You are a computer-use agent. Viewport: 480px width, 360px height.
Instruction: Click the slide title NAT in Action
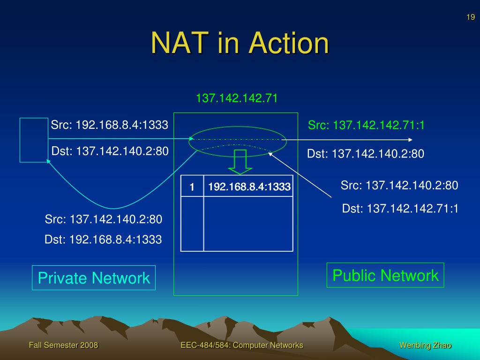click(240, 43)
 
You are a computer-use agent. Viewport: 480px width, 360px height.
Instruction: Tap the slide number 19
click(471, 17)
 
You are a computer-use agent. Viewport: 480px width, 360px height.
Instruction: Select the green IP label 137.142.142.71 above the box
click(237, 98)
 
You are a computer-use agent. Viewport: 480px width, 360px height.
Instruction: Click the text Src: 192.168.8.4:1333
click(110, 125)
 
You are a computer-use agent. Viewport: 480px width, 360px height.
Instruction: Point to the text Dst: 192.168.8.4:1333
click(103, 240)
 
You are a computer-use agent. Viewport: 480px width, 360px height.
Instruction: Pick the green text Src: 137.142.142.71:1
click(366, 125)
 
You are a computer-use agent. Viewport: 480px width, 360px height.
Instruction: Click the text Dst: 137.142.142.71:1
click(400, 209)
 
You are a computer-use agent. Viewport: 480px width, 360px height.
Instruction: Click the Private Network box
click(94, 277)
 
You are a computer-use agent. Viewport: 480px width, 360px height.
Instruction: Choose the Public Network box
click(385, 275)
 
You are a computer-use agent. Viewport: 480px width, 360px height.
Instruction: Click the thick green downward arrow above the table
click(240, 162)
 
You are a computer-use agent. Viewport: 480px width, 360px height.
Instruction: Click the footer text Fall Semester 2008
click(63, 345)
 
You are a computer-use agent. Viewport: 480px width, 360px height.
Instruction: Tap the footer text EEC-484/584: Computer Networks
click(242, 345)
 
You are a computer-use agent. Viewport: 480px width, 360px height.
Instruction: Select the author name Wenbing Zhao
click(425, 345)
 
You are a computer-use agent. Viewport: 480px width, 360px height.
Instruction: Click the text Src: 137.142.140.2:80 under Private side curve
click(104, 219)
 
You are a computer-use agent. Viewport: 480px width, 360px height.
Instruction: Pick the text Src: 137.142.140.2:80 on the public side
click(399, 185)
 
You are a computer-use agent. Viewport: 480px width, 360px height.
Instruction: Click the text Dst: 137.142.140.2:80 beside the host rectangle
click(110, 151)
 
